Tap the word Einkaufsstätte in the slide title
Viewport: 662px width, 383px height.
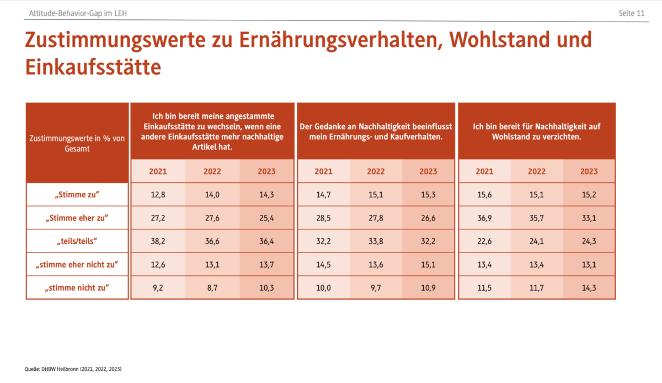[93, 67]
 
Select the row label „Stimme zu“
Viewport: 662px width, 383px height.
[77, 195]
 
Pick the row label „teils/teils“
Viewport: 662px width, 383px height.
[77, 242]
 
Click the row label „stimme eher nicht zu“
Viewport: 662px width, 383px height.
[77, 265]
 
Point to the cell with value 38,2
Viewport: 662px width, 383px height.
[158, 242]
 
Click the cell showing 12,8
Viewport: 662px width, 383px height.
[158, 195]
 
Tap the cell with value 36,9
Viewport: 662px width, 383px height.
[484, 218]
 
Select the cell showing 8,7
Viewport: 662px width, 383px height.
[212, 288]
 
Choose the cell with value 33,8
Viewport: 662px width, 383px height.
[376, 242]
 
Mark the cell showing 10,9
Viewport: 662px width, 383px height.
[428, 288]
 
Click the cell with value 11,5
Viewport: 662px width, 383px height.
[484, 288]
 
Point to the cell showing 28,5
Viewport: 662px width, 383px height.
[323, 218]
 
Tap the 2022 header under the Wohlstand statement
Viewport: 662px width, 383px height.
[536, 171]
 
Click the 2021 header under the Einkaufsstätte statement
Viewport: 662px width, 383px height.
[158, 171]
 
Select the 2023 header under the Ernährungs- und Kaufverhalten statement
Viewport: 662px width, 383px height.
[428, 171]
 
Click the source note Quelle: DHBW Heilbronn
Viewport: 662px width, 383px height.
[73, 369]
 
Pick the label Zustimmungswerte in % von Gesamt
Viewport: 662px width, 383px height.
[77, 143]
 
